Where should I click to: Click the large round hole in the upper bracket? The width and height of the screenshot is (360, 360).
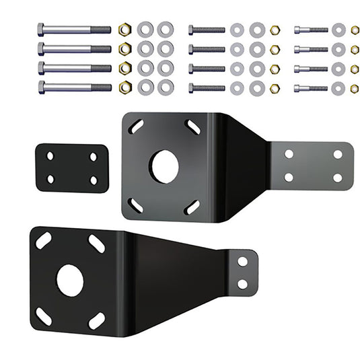pyautogui.click(x=164, y=167)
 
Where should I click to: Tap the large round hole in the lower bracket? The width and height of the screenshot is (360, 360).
pyautogui.click(x=70, y=281)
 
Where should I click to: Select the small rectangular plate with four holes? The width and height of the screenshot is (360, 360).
pyautogui.click(x=71, y=168)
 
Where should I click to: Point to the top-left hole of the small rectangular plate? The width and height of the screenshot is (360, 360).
pyautogui.click(x=50, y=156)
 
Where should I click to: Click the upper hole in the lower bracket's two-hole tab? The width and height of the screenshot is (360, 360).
pyautogui.click(x=243, y=260)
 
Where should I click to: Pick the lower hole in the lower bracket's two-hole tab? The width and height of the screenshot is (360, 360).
pyautogui.click(x=242, y=284)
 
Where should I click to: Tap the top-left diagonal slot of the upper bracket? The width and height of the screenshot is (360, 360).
pyautogui.click(x=136, y=127)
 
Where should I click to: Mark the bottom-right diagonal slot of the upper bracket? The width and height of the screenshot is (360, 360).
pyautogui.click(x=192, y=207)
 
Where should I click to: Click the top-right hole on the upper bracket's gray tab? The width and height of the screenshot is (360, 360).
pyautogui.click(x=337, y=154)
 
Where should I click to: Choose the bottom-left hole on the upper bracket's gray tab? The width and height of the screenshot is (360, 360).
pyautogui.click(x=289, y=178)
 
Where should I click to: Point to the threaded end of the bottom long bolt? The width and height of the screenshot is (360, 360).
pyautogui.click(x=101, y=87)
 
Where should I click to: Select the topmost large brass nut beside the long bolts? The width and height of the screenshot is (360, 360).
pyautogui.click(x=124, y=30)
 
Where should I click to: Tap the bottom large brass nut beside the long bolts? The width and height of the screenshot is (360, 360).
pyautogui.click(x=124, y=87)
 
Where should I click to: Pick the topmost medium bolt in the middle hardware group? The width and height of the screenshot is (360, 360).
pyautogui.click(x=207, y=30)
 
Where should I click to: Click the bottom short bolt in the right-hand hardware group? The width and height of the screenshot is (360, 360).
pyautogui.click(x=311, y=88)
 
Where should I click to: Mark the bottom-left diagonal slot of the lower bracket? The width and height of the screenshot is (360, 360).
pyautogui.click(x=43, y=317)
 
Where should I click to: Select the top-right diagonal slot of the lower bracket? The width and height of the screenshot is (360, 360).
pyautogui.click(x=96, y=244)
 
